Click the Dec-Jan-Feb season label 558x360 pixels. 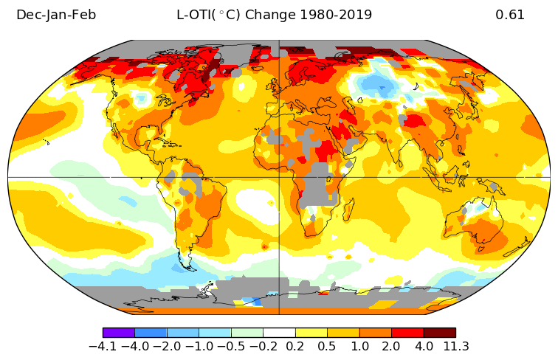56,15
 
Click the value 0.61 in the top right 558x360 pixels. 510,15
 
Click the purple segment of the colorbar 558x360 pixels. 118,333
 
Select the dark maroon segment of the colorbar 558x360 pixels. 439,333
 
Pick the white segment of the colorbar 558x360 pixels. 279,333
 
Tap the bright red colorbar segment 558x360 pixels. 407,333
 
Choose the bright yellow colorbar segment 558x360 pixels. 311,333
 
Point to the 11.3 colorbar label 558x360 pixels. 455,346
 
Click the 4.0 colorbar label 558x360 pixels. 424,346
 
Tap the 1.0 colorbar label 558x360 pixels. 359,346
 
